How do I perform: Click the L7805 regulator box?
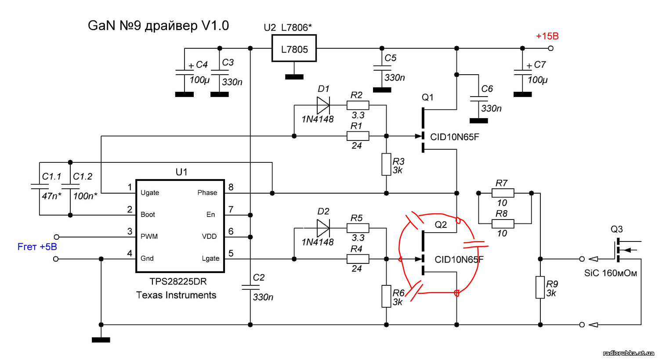pos(294,48)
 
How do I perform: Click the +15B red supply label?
pos(547,36)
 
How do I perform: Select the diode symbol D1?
pos(323,105)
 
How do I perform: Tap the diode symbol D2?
pos(323,228)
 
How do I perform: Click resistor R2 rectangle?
pos(358,105)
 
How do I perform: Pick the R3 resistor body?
pos(386,164)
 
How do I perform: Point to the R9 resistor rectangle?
pos(540,287)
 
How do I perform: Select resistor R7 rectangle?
pos(503,193)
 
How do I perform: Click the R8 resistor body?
pos(503,223)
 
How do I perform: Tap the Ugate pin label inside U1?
pos(150,193)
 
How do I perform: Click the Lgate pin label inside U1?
pos(210,258)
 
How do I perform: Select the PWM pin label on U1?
pos(149,237)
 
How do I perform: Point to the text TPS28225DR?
pos(178,281)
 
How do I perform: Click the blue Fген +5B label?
pos(37,247)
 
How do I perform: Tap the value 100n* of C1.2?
pos(85,196)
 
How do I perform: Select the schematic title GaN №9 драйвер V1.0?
pos(158,25)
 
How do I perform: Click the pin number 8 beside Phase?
pos(231,187)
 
